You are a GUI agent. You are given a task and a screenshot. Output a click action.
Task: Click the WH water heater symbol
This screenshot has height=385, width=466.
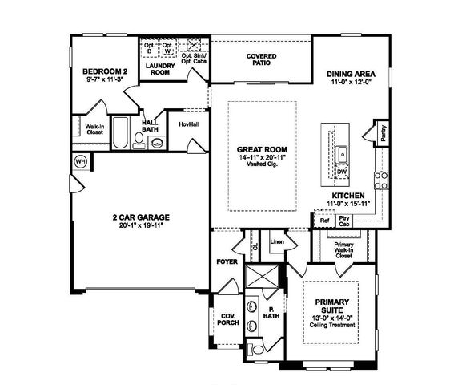tap(80, 161)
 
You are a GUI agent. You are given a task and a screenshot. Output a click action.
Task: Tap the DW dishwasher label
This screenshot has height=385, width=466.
tap(342, 172)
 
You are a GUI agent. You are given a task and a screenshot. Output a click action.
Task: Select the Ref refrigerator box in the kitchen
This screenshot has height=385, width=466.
tap(324, 220)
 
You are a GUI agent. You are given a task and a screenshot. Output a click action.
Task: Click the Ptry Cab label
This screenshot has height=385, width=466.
tap(345, 220)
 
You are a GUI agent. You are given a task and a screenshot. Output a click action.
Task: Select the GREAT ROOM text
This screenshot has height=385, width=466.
tap(262, 150)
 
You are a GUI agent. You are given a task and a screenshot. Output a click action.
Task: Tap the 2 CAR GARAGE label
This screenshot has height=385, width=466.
tap(139, 217)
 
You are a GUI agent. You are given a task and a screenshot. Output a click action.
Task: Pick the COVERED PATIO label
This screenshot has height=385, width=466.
tap(261, 59)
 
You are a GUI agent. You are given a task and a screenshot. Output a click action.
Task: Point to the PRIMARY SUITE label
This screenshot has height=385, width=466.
tap(333, 306)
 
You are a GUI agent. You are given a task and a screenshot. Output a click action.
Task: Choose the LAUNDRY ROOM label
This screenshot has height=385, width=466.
tap(161, 69)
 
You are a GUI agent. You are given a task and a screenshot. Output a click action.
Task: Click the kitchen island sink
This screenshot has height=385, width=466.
tap(342, 153)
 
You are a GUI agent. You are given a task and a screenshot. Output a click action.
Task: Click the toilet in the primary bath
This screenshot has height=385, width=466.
tap(257, 350)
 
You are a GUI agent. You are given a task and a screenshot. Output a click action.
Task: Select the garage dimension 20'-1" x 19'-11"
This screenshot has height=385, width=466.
tap(139, 225)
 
